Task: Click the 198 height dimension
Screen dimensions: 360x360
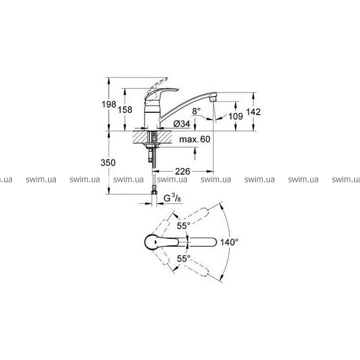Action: coord(109,104)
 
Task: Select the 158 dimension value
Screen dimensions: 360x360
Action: coord(125,110)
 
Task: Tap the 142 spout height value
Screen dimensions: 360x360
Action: coord(253,112)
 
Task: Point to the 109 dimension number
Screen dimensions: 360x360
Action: coord(236,116)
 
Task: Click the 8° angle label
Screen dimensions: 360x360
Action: coord(196,112)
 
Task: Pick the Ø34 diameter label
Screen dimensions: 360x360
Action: coord(182,124)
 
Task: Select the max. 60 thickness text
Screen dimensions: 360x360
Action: coord(194,139)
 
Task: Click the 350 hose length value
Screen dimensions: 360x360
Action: coord(108,163)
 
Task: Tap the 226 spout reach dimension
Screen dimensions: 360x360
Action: coord(183,171)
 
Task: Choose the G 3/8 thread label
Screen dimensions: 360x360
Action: coord(172,198)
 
